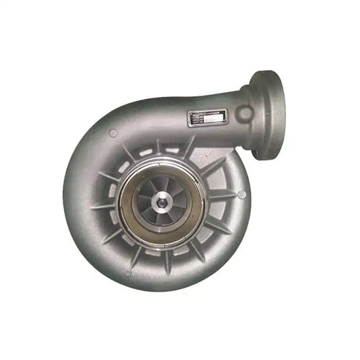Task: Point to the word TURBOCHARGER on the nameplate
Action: click(205, 114)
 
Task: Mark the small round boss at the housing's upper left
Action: click(112, 133)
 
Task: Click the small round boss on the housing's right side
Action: click(242, 194)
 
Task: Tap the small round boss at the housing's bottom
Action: click(127, 273)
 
